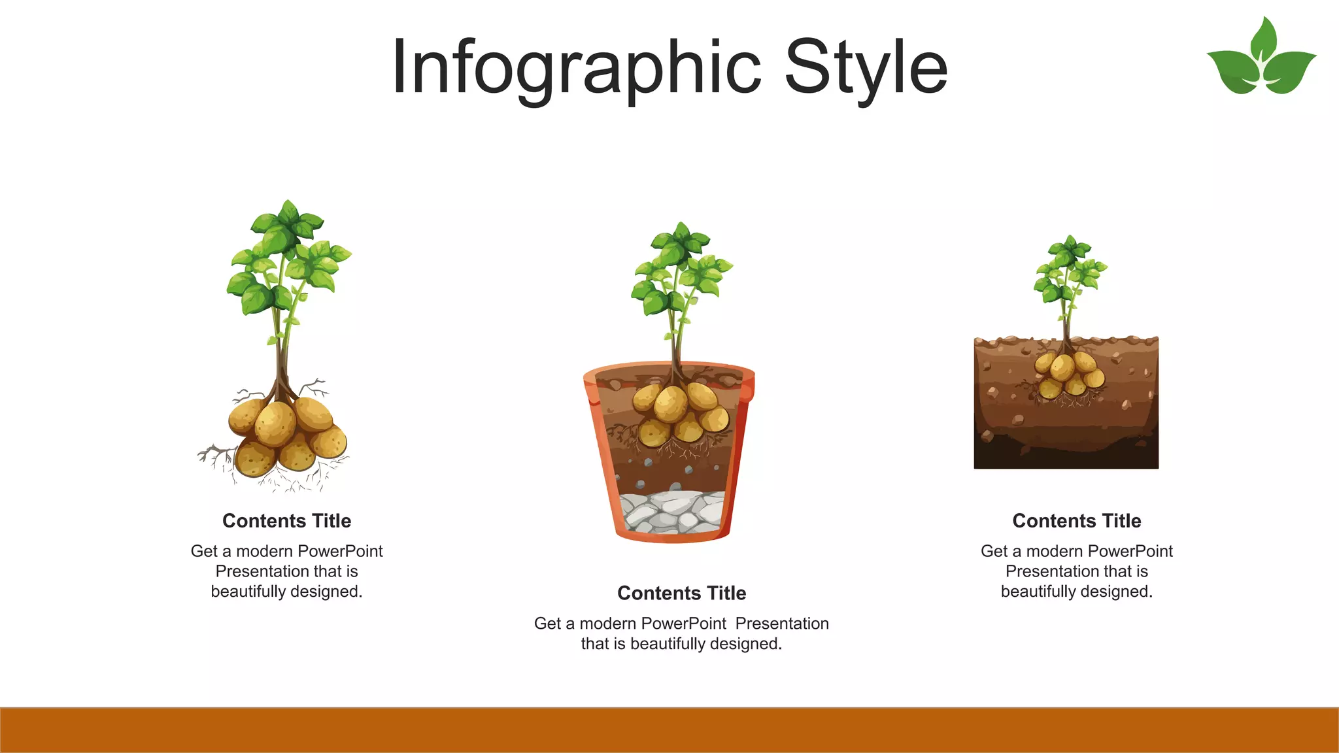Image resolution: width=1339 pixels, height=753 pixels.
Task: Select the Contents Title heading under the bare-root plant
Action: (286, 521)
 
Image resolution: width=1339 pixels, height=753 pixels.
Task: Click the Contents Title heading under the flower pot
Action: (681, 593)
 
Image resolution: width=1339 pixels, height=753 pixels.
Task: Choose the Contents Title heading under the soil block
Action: (1076, 521)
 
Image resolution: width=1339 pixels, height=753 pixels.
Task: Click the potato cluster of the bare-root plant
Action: (286, 435)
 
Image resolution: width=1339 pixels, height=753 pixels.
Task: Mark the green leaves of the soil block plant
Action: (1070, 271)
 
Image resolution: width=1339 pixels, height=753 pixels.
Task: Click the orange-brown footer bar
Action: (669, 730)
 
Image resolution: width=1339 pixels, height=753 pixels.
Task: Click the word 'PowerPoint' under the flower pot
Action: (684, 624)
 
